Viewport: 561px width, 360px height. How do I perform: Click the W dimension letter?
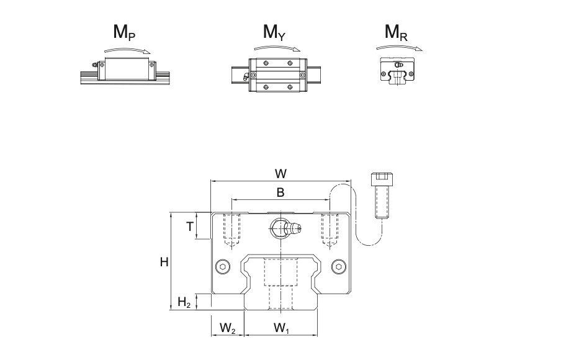281,173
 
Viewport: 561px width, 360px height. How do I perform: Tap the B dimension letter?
280,192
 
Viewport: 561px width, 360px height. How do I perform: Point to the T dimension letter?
190,227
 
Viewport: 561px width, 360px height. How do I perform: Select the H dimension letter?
164,262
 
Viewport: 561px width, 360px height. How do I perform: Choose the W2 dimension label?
228,327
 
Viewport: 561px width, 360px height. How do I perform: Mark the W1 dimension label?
281,327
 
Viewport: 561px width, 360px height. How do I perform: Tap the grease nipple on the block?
292,228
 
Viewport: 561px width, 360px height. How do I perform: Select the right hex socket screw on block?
338,266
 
